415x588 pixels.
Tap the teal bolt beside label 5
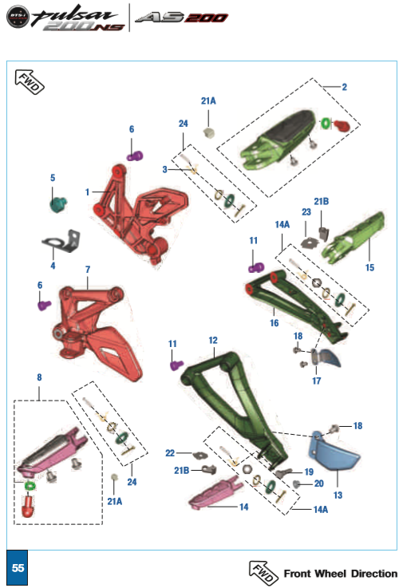[59, 203]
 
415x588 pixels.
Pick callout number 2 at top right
[344, 87]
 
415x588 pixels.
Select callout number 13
[338, 495]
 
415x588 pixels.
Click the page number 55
[18, 568]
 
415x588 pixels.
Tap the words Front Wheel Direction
[340, 574]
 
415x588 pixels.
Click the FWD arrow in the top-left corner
[30, 81]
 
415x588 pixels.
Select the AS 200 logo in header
[181, 18]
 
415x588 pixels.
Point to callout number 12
[213, 340]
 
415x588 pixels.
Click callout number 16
[274, 324]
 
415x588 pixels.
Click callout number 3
[164, 169]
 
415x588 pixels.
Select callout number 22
[170, 453]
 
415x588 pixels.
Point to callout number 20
[319, 483]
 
